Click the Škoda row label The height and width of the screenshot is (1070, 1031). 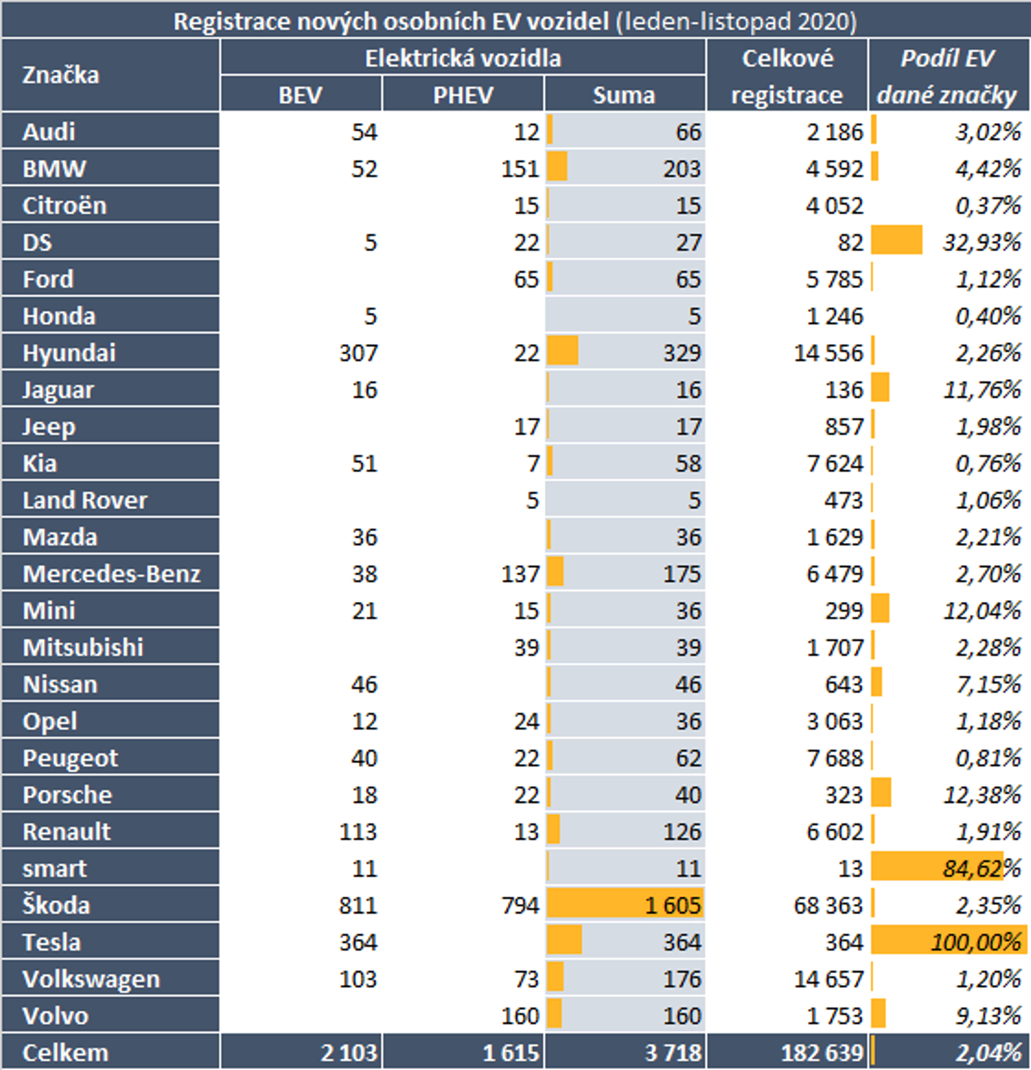(56, 905)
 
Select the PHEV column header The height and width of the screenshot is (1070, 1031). (463, 95)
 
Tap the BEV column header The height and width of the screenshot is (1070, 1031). (300, 95)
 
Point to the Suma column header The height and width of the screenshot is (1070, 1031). (624, 95)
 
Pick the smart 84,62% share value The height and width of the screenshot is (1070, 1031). (981, 868)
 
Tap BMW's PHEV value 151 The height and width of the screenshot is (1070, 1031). (520, 169)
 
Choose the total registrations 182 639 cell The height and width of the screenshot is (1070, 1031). (821, 1052)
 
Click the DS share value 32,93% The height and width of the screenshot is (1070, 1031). (981, 242)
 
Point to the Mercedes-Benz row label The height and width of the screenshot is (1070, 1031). (111, 574)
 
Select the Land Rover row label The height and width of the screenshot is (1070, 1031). (85, 500)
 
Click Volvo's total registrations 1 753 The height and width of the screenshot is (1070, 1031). (835, 1016)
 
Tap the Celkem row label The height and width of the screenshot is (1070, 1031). (65, 1052)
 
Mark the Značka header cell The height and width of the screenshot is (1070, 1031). (61, 75)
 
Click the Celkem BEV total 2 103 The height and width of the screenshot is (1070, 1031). (348, 1052)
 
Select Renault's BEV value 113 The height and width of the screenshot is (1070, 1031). (357, 832)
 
